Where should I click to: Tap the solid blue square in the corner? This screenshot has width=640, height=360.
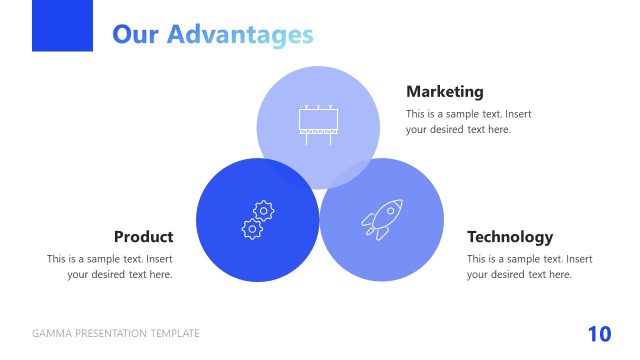coord(62,25)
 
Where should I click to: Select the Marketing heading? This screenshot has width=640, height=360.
coord(444,91)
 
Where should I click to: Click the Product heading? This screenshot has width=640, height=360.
coord(143,237)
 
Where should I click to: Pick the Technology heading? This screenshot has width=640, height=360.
coord(509,237)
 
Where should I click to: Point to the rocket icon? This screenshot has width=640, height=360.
coord(381,219)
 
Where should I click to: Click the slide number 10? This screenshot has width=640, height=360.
coord(599,334)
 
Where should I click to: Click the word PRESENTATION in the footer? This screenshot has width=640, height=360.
coord(109,334)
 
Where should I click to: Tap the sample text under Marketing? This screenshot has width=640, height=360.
coord(468,121)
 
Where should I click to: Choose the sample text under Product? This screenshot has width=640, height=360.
coord(110,266)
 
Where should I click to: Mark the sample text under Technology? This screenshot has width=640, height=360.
coord(529,266)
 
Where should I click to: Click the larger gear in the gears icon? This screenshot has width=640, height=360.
coord(263,210)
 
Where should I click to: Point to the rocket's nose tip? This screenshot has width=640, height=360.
coord(399,202)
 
